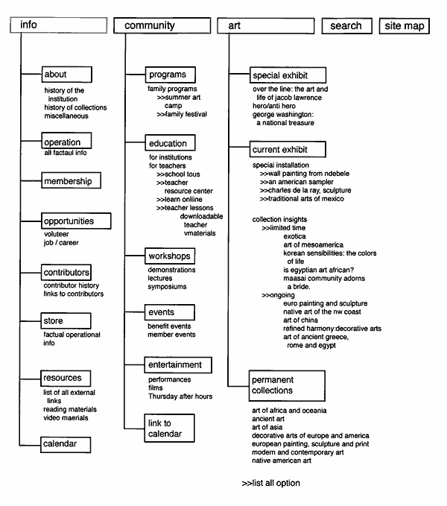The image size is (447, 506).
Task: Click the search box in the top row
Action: [x=346, y=25]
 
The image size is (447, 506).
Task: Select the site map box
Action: [x=404, y=25]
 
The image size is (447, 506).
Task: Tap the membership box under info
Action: [x=70, y=180]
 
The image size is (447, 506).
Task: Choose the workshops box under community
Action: [x=170, y=256]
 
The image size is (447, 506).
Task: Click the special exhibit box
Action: [x=279, y=75]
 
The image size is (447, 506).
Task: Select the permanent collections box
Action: [x=287, y=385]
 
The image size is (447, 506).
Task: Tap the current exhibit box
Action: [x=280, y=150]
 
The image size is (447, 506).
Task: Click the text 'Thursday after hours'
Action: [x=180, y=396]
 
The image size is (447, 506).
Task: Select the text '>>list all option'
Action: [x=271, y=483]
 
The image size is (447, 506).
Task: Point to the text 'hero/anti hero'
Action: [x=276, y=106]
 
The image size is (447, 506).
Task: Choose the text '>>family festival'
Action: [x=181, y=114]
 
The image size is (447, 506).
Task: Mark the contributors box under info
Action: [x=66, y=272]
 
